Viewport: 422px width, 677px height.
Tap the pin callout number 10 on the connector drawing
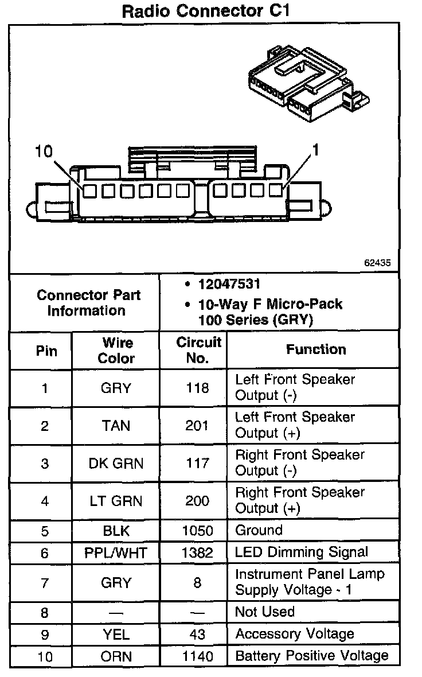[x=44, y=151]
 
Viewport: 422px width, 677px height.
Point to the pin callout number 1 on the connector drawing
[x=314, y=151]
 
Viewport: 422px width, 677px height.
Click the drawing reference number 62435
[x=377, y=263]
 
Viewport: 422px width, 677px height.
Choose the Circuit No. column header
[x=198, y=351]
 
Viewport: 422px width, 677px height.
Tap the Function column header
[x=316, y=349]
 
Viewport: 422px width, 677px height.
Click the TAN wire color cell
[x=116, y=426]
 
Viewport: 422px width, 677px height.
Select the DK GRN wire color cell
[x=116, y=464]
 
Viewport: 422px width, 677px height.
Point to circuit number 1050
[x=197, y=531]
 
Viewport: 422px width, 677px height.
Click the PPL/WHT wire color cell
[x=116, y=553]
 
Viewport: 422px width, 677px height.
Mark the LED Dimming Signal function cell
[x=302, y=553]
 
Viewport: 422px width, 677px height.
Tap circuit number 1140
[x=197, y=656]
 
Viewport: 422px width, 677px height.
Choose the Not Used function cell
[x=265, y=612]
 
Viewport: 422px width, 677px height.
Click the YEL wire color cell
[x=116, y=635]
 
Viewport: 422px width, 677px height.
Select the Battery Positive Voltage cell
[x=311, y=656]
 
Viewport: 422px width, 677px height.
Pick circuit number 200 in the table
[x=197, y=501]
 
